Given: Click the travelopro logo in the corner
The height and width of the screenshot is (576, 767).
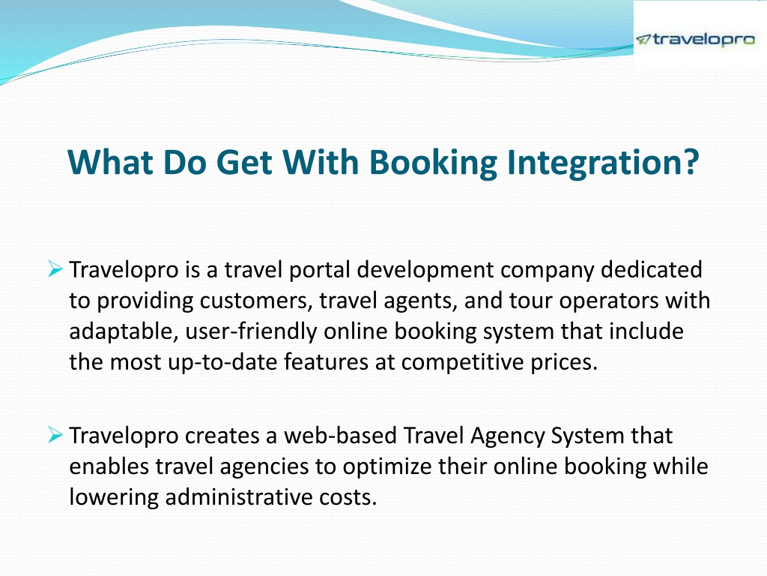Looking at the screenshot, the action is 695,39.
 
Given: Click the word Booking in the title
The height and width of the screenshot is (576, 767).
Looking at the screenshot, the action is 433,162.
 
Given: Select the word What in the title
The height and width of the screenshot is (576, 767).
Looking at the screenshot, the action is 110,162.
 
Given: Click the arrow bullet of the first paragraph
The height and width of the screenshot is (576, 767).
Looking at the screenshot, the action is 55,269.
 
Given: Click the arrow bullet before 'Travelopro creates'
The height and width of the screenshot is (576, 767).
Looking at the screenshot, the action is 55,434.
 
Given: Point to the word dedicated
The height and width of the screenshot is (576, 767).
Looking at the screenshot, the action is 651,269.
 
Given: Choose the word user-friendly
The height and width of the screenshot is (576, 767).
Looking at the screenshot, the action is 251,331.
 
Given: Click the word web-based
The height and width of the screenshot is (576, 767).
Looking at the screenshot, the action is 340,435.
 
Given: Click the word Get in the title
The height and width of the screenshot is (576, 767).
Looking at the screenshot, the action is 243,162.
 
